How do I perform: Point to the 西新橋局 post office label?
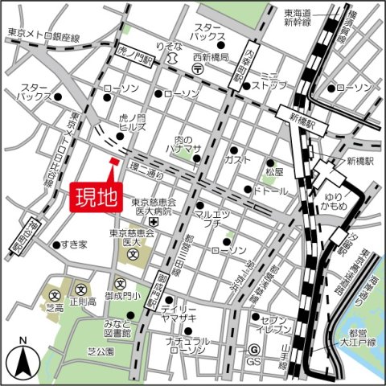[212, 58]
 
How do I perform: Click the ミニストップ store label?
[269, 79]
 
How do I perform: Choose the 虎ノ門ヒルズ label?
[131, 121]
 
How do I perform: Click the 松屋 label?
[274, 172]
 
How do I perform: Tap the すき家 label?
[74, 244]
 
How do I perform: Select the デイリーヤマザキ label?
[179, 314]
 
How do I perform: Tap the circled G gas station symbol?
[253, 350]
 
